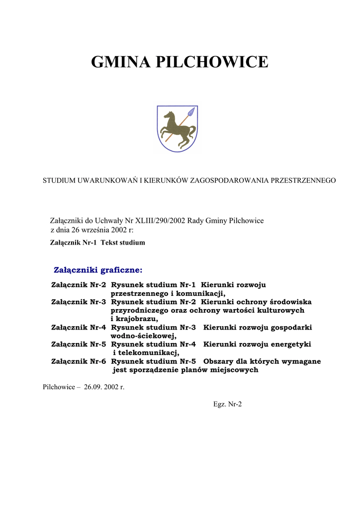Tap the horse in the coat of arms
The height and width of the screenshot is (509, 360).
pyautogui.click(x=176, y=129)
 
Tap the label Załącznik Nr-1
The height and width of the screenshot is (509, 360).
pyautogui.click(x=73, y=243)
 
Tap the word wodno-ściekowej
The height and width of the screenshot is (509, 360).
pyautogui.click(x=143, y=336)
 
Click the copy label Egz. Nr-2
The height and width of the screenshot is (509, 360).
pyautogui.click(x=227, y=404)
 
